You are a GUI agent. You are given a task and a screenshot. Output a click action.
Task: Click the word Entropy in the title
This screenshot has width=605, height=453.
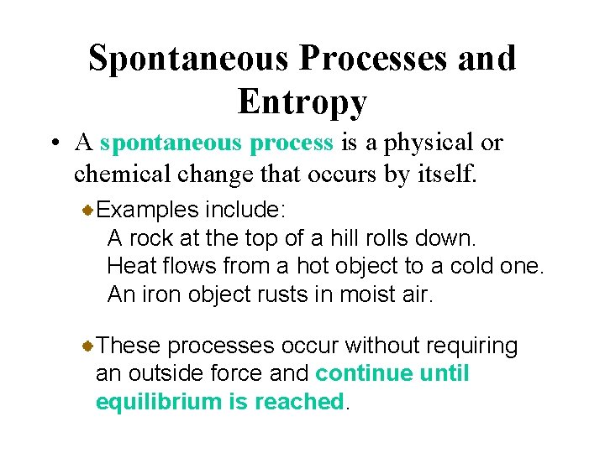302,102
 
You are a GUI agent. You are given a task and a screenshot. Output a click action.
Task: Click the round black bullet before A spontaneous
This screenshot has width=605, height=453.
54,143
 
